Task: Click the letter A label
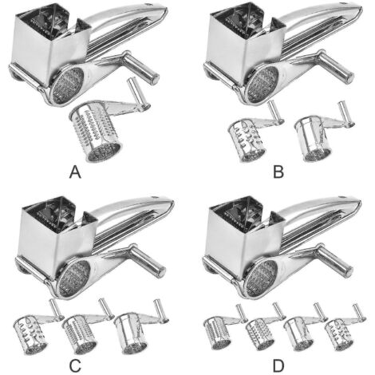75,172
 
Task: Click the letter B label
278,172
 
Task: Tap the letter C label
75,365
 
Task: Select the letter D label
278,365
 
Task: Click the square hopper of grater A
51,45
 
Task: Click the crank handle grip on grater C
148,261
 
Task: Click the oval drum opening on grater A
67,85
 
